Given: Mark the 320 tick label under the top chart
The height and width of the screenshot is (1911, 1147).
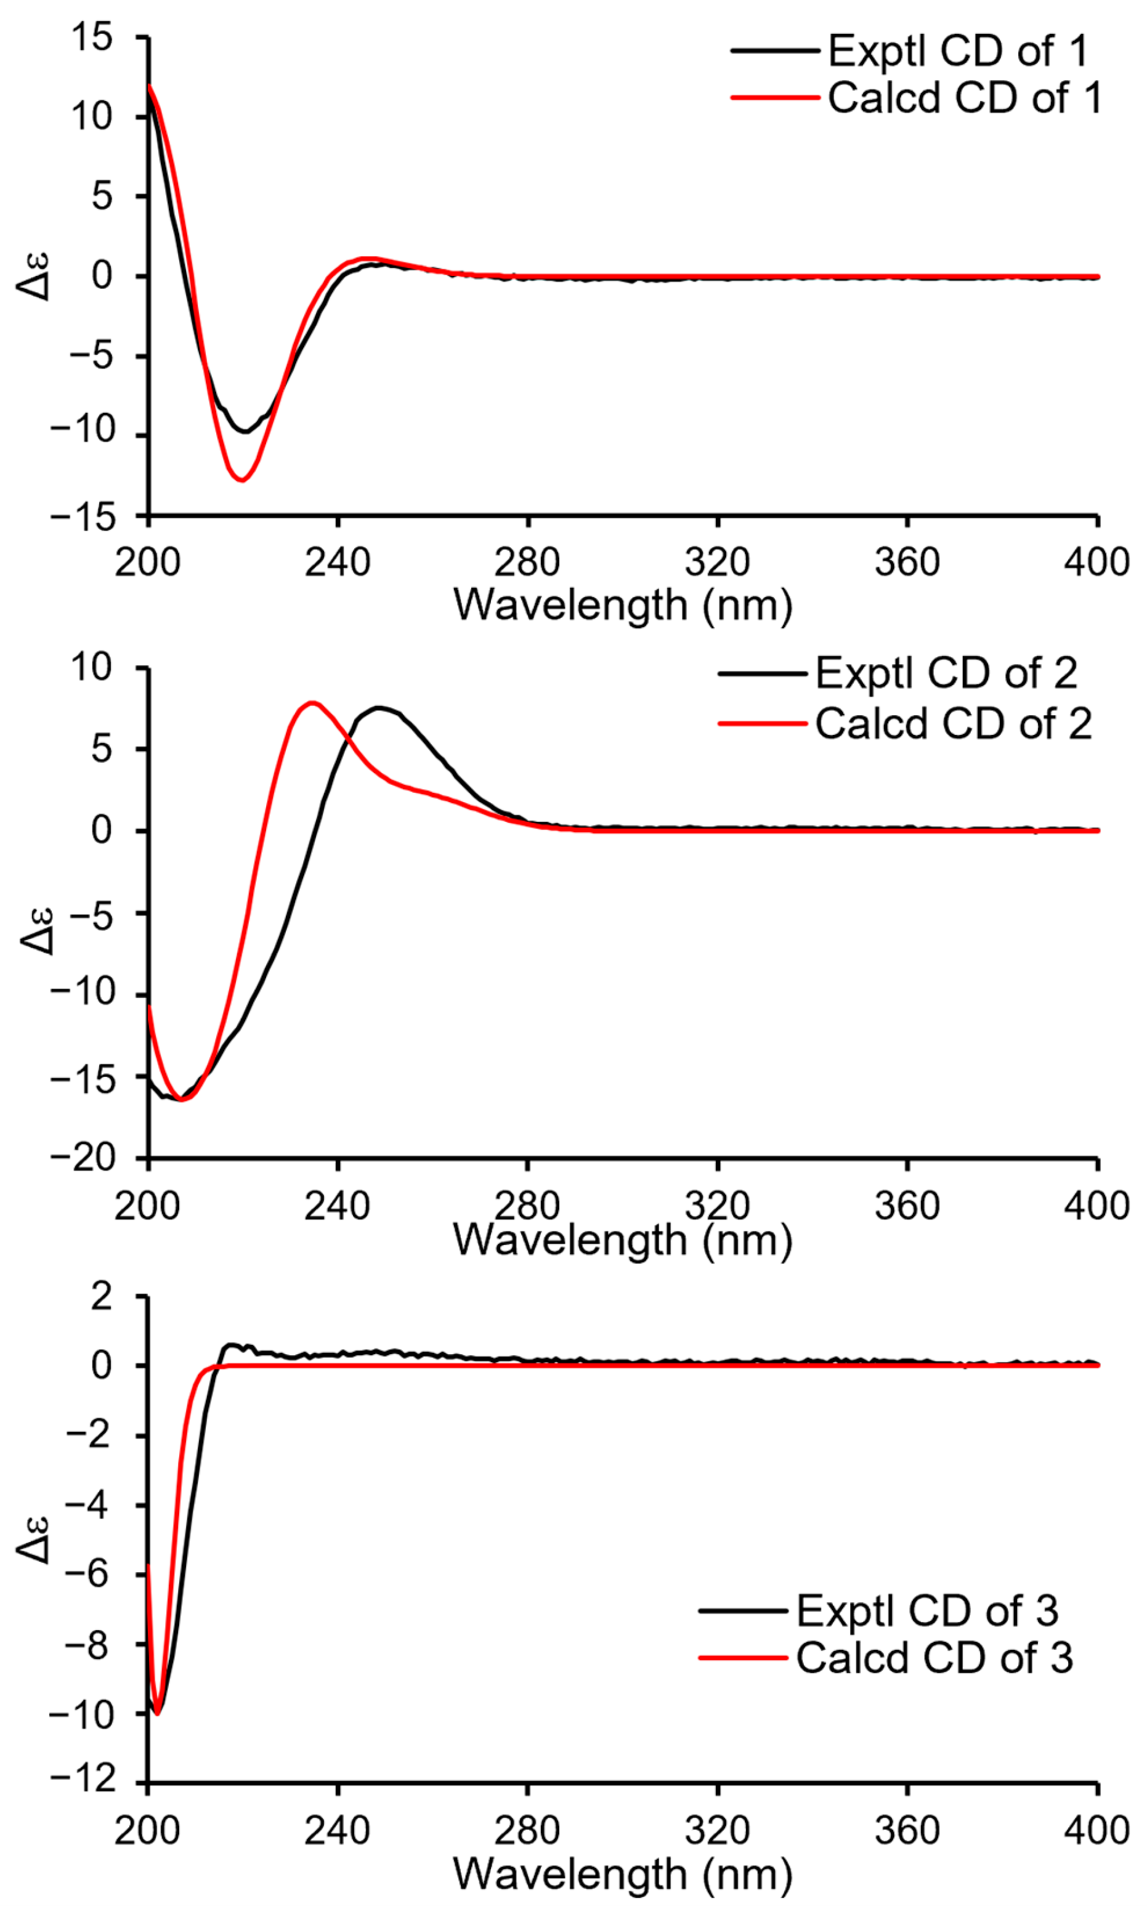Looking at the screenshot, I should pyautogui.click(x=717, y=562).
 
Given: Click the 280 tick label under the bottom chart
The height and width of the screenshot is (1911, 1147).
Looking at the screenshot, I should pyautogui.click(x=527, y=1830).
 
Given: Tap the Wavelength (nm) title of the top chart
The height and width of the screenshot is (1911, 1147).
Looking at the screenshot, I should pyautogui.click(x=622, y=604).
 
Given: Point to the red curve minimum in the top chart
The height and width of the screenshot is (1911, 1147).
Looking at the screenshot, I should pyautogui.click(x=243, y=481).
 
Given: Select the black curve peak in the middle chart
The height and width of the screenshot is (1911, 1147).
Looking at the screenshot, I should pyautogui.click(x=379, y=707).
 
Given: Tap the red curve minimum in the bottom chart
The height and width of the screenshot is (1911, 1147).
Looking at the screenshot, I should pyautogui.click(x=157, y=1714).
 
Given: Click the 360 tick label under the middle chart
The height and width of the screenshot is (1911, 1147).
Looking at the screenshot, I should pyautogui.click(x=907, y=1206).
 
